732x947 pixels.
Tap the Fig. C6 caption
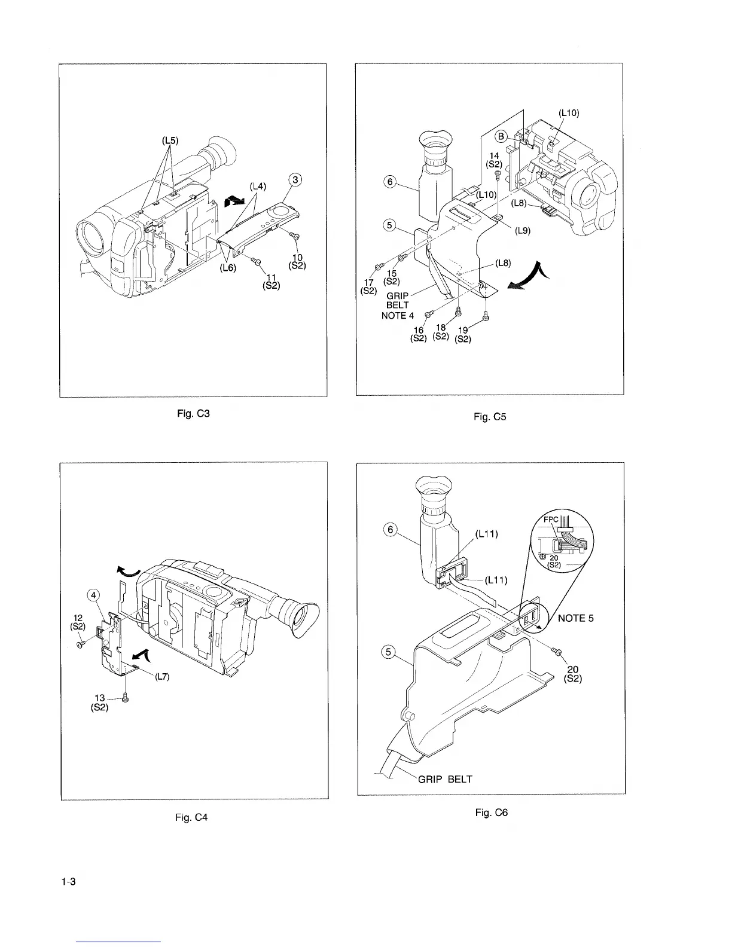click(491, 812)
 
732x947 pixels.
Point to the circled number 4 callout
click(93, 594)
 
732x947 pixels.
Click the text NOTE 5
click(575, 618)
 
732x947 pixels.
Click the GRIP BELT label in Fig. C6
click(445, 779)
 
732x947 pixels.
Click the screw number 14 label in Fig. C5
click(494, 155)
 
